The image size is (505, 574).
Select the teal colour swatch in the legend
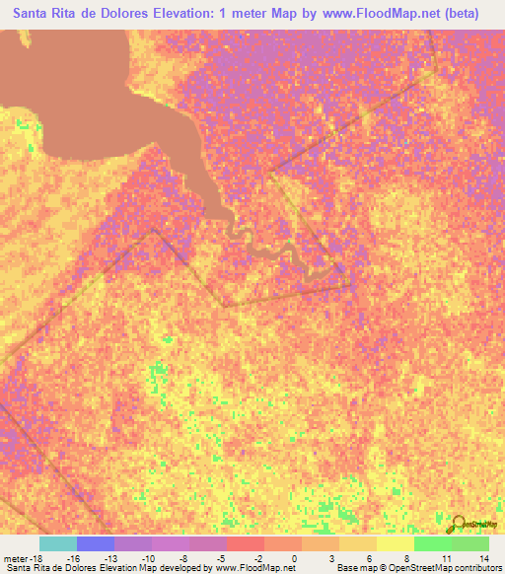click(x=57, y=542)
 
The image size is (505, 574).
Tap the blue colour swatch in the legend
click(x=95, y=542)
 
